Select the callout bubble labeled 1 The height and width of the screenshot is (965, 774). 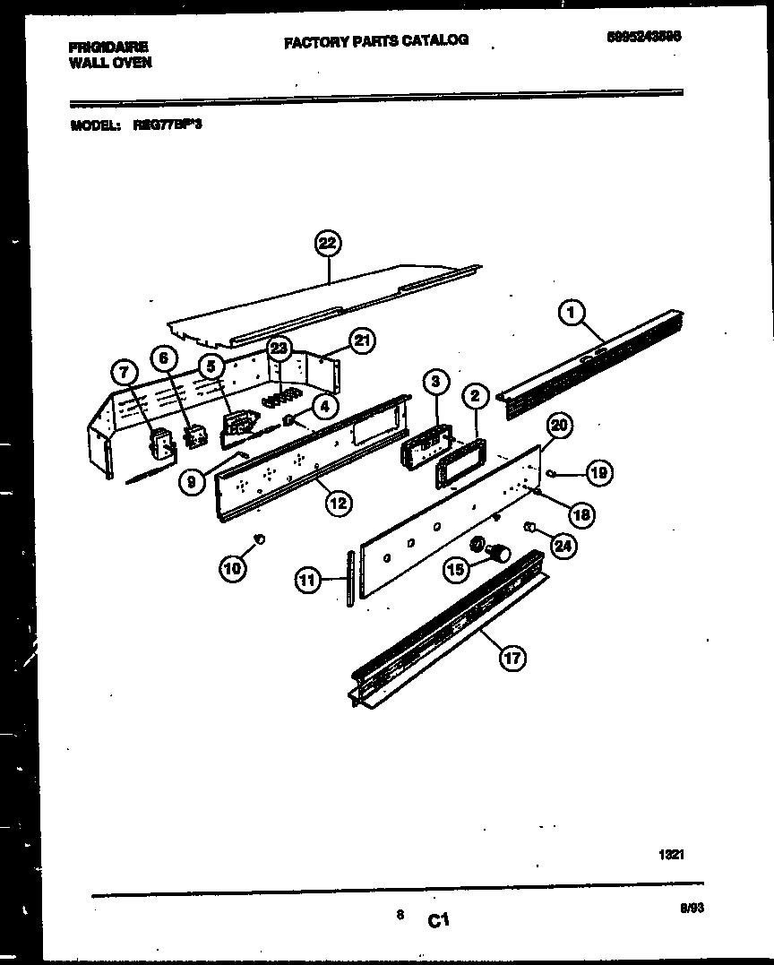[x=571, y=313]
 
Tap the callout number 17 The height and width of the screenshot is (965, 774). [x=511, y=659]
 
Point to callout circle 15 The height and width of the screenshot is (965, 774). [x=456, y=569]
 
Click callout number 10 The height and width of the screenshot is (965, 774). [x=232, y=567]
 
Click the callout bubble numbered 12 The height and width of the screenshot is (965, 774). [x=337, y=503]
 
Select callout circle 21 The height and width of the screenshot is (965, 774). [x=362, y=340]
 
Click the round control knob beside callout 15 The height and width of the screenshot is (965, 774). [x=495, y=553]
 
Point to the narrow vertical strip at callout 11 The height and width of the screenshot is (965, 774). [x=350, y=580]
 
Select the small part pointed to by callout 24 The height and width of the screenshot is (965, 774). [x=531, y=525]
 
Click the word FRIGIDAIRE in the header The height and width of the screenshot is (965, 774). [x=107, y=46]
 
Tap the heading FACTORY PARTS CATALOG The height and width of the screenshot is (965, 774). [x=376, y=40]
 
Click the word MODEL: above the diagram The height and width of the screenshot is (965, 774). [x=95, y=126]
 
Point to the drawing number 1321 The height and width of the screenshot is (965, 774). [x=671, y=855]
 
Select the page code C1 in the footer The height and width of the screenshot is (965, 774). [x=438, y=919]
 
